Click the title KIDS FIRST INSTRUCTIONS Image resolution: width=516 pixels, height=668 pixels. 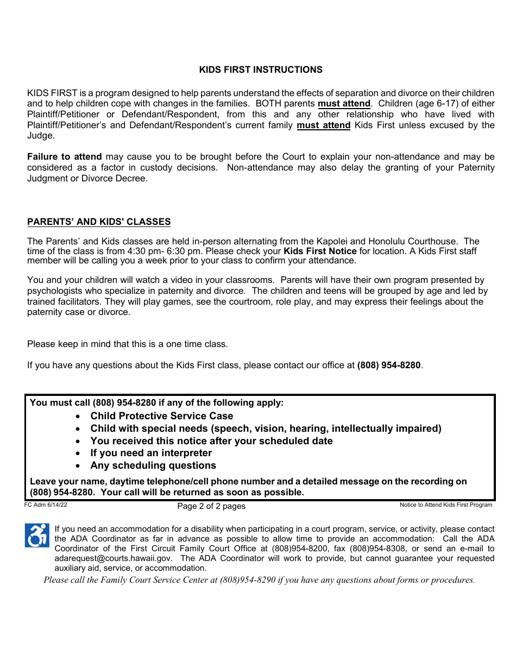click(261, 70)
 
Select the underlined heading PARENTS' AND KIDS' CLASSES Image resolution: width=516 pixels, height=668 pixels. click(99, 222)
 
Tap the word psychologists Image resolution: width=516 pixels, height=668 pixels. click(56, 291)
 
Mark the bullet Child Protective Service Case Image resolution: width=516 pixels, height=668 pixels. click(161, 416)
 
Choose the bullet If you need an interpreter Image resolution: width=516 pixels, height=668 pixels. click(151, 453)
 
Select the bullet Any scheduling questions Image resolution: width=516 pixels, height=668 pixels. click(153, 465)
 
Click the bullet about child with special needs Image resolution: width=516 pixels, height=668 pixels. click(266, 428)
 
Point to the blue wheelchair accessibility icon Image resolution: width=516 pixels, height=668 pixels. click(37, 535)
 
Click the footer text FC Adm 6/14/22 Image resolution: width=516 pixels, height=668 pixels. click(46, 505)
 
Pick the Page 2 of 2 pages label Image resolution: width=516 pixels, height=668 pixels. click(211, 506)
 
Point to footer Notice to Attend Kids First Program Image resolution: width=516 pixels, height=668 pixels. click(445, 505)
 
